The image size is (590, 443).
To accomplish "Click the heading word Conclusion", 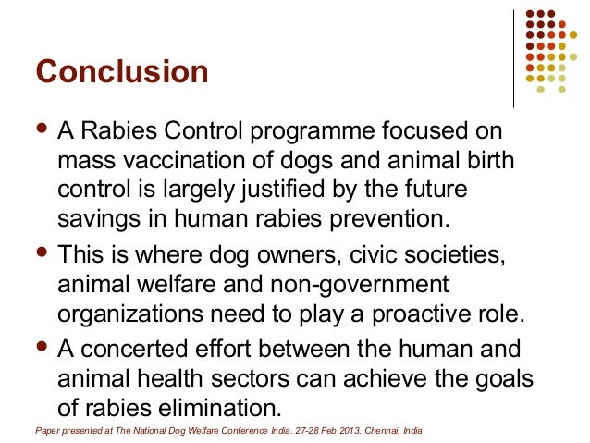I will click(x=121, y=72).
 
